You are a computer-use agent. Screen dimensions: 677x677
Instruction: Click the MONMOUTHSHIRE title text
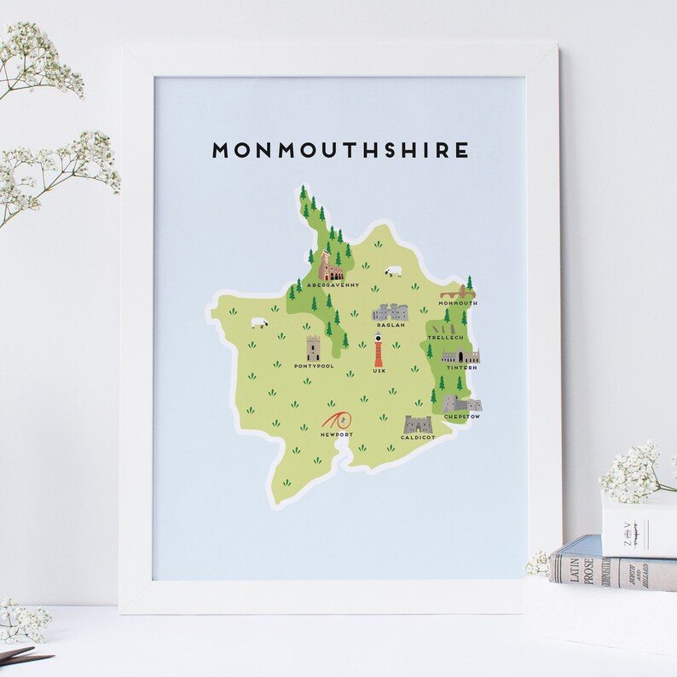340,151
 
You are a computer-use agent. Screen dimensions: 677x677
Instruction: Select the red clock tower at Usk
378,350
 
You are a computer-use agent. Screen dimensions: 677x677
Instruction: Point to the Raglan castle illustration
391,312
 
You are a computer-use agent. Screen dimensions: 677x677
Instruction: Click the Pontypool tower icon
314,348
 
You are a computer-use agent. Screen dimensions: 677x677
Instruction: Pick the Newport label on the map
335,435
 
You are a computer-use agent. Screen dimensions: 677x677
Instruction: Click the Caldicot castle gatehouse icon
418,424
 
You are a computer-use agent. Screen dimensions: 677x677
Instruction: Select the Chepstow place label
461,417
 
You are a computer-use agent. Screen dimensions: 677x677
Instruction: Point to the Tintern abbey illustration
459,356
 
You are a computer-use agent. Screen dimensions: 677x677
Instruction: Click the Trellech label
444,338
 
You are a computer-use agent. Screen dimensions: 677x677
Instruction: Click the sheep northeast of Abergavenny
393,271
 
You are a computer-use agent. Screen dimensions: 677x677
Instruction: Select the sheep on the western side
257,323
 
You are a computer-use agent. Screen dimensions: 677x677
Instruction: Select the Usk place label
379,372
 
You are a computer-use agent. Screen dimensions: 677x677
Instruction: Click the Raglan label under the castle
391,325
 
